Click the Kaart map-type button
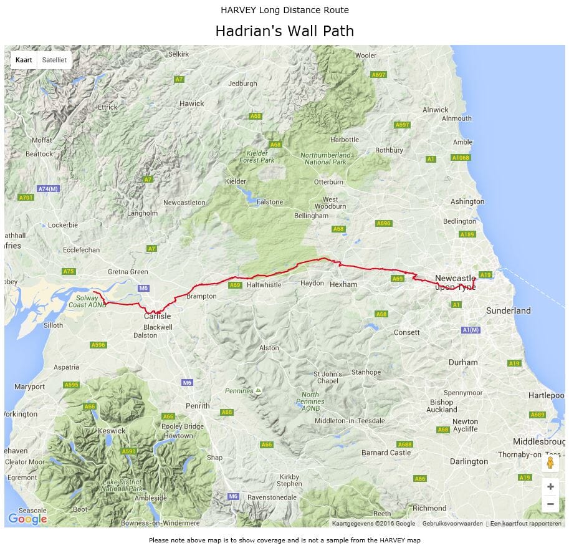tap(24, 60)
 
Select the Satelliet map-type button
tap(54, 60)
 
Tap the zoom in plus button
tap(550, 486)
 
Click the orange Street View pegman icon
tap(550, 463)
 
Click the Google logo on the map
tap(27, 519)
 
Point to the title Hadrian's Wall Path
tap(284, 31)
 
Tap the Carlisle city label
tap(157, 316)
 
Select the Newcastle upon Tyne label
tap(455, 282)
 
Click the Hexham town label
tap(343, 284)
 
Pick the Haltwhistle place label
tap(264, 285)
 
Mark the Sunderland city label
tap(508, 310)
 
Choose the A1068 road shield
tap(461, 158)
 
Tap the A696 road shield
tap(383, 223)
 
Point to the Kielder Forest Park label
tap(257, 156)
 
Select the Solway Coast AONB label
tap(86, 302)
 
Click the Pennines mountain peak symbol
tap(258, 391)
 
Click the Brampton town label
tap(201, 296)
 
